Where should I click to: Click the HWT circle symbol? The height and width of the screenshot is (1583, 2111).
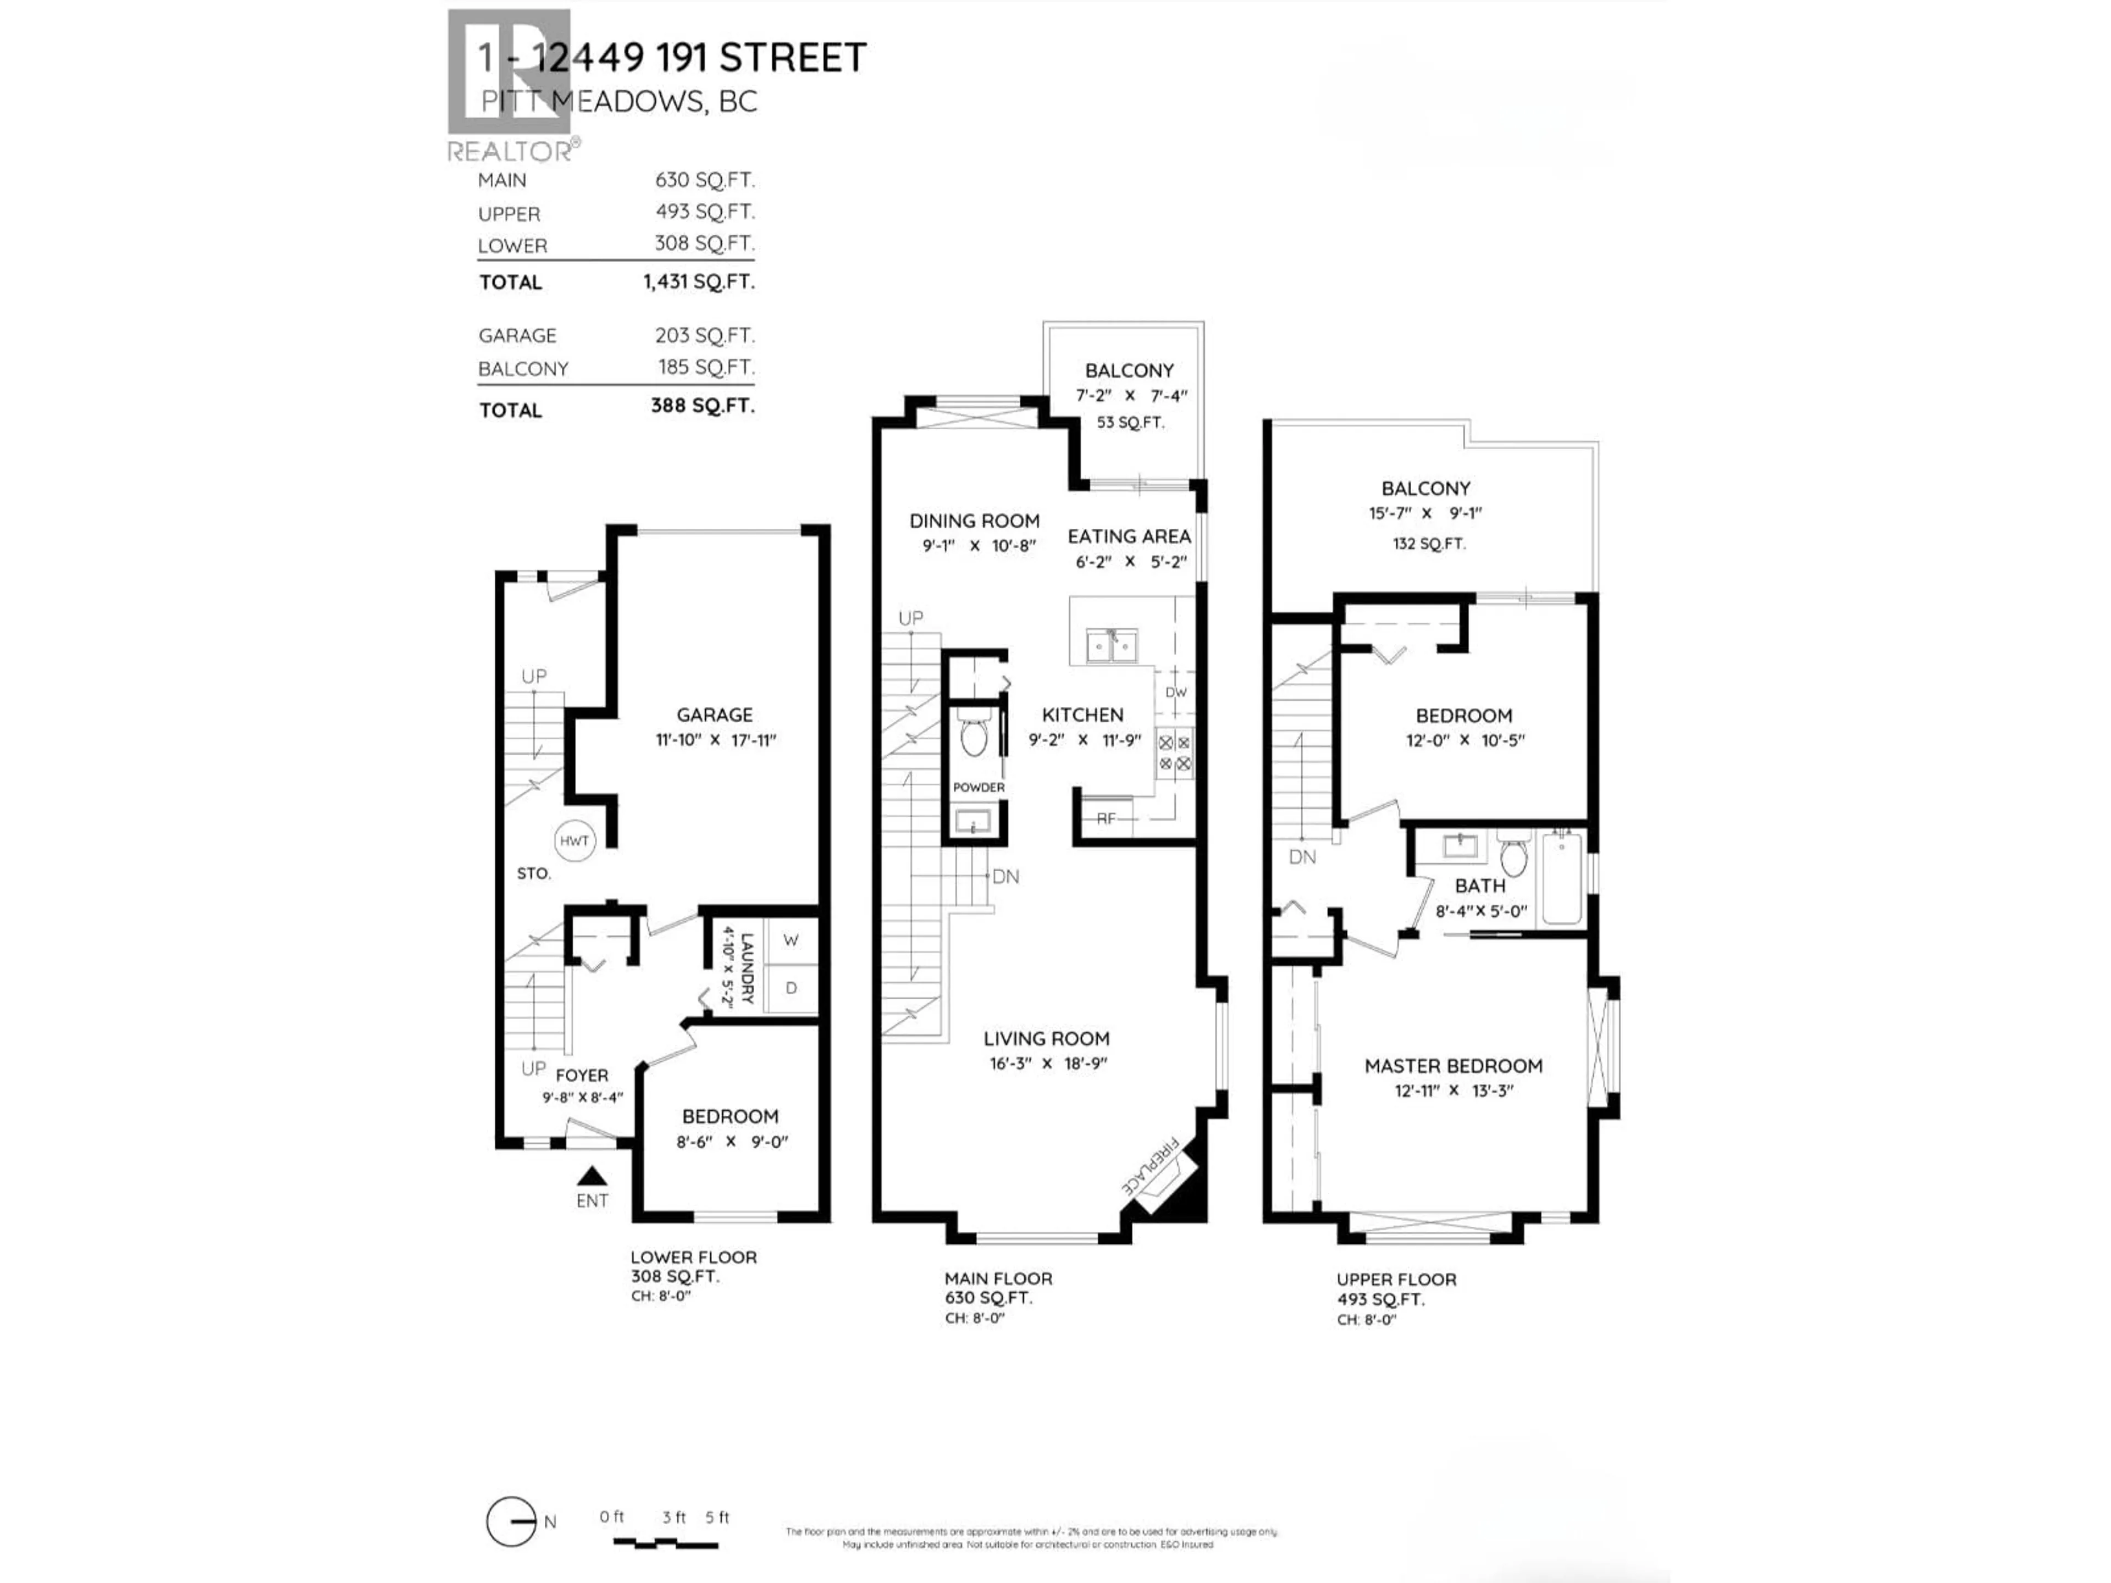pyautogui.click(x=574, y=840)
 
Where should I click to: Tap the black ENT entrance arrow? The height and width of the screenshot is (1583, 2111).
pyautogui.click(x=592, y=1176)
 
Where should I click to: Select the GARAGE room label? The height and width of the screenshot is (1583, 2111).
pyautogui.click(x=715, y=715)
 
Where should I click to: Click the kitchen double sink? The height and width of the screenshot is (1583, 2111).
pyautogui.click(x=1112, y=646)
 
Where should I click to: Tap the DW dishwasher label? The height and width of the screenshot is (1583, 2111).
pyautogui.click(x=1176, y=693)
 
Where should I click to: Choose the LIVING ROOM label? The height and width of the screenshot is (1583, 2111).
pyautogui.click(x=1046, y=1038)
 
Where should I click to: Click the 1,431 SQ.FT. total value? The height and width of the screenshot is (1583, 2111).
pyautogui.click(x=699, y=281)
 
